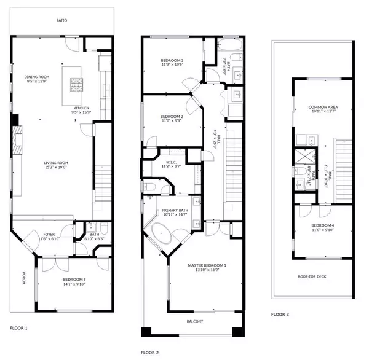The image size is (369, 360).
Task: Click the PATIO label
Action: (x=61, y=20)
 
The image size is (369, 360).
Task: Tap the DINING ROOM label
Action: (x=37, y=77)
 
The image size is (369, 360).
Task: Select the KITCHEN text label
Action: (x=82, y=109)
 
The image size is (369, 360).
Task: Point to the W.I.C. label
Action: (x=168, y=162)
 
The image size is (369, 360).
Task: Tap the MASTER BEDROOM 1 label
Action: (x=207, y=265)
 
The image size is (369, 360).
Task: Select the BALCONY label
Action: (x=195, y=321)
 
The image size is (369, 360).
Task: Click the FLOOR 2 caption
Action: (x=150, y=353)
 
